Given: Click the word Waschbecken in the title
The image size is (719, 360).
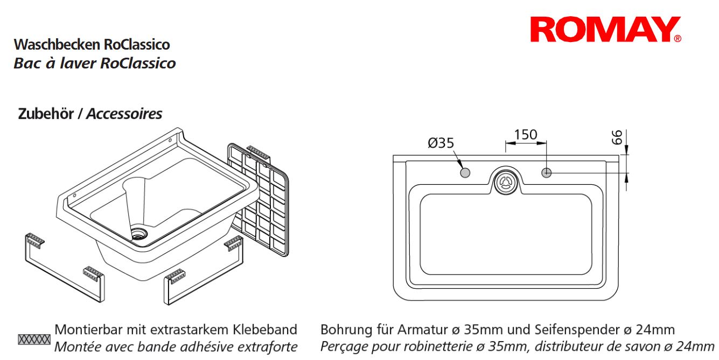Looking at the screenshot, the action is pyautogui.click(x=57, y=44).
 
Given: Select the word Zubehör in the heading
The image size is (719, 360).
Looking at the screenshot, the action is pyautogui.click(x=46, y=114).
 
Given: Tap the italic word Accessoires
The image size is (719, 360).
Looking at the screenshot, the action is pyautogui.click(x=124, y=114).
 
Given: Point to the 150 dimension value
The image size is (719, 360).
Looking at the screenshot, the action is pyautogui.click(x=526, y=135).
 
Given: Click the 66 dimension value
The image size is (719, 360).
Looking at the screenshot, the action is pyautogui.click(x=617, y=137).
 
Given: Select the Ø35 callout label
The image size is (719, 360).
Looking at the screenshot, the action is pyautogui.click(x=441, y=143).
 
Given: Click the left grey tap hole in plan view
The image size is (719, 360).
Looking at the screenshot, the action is pyautogui.click(x=465, y=173).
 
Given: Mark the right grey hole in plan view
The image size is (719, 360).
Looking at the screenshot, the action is pyautogui.click(x=546, y=173).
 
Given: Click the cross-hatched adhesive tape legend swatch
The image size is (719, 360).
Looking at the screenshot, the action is pyautogui.click(x=34, y=340).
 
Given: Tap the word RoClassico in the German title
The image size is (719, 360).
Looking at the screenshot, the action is pyautogui.click(x=137, y=44).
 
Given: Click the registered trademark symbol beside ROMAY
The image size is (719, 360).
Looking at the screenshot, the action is pyautogui.click(x=678, y=39).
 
